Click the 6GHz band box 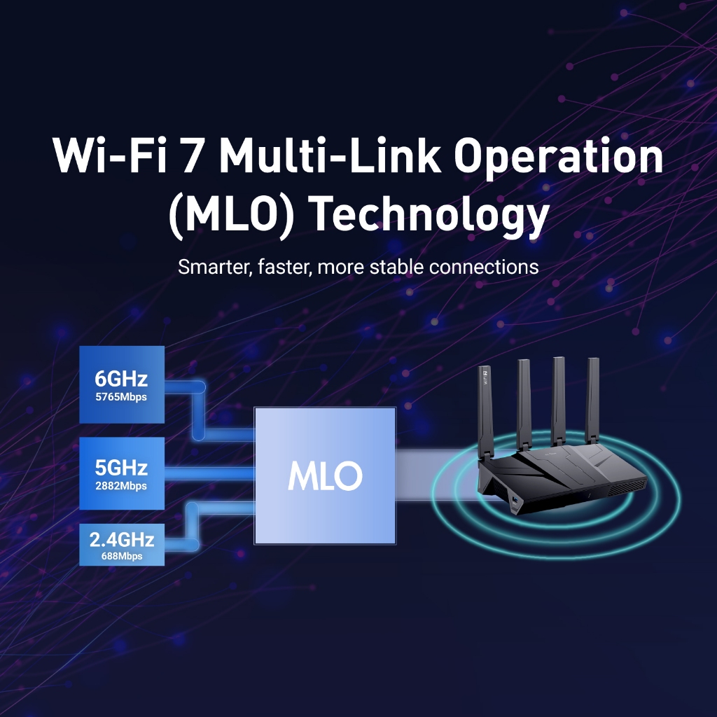point(122,384)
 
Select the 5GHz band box point(122,473)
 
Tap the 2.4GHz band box point(122,545)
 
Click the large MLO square point(325,475)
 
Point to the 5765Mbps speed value point(121,397)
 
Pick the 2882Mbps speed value point(121,486)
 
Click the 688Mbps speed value point(122,556)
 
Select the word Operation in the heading point(558,158)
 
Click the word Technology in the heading point(431,214)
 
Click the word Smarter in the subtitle point(215,267)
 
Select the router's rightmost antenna point(592,400)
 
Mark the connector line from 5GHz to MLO point(209,473)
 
